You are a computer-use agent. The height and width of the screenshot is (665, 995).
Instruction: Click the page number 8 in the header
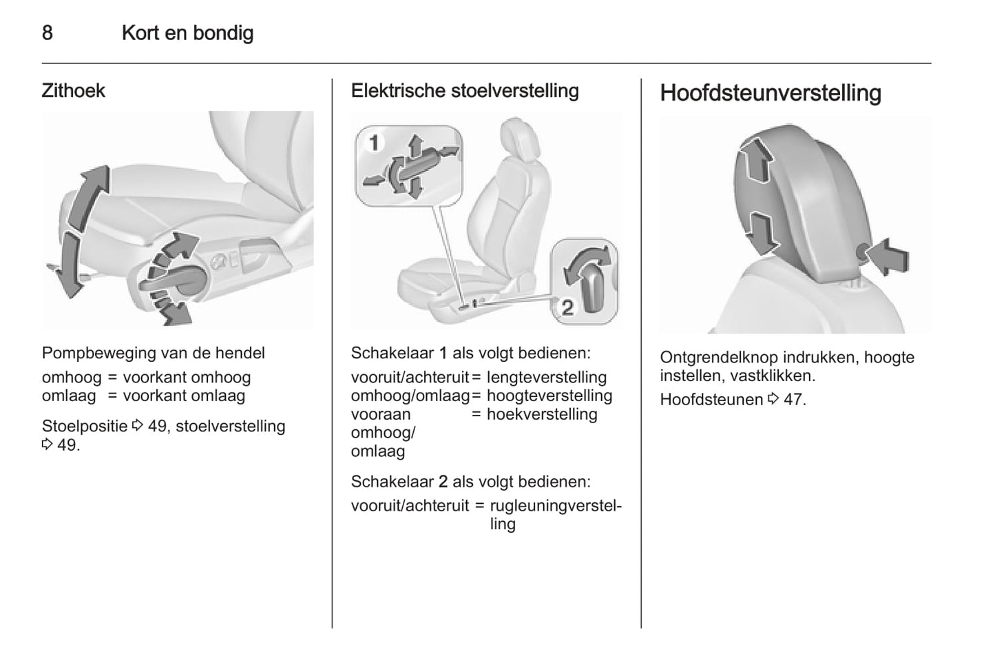pyautogui.click(x=47, y=32)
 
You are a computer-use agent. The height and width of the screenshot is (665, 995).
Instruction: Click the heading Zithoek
pyautogui.click(x=73, y=91)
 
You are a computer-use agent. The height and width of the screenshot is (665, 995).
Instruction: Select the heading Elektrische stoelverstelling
pyautogui.click(x=465, y=91)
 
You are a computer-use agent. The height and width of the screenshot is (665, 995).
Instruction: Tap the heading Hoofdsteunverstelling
pyautogui.click(x=770, y=93)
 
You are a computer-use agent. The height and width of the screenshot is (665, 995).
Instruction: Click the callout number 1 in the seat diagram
pyautogui.click(x=374, y=143)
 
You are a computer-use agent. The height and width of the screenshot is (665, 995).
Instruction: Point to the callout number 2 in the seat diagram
pyautogui.click(x=567, y=307)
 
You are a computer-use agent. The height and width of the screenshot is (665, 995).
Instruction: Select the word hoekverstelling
pyautogui.click(x=542, y=414)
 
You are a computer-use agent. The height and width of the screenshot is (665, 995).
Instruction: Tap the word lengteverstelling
pyautogui.click(x=546, y=378)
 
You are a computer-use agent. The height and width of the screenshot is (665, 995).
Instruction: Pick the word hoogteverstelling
pyautogui.click(x=549, y=396)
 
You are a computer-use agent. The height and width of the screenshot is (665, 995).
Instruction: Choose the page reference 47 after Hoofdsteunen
pyautogui.click(x=794, y=400)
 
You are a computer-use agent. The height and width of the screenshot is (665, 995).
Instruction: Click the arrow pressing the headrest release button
pyautogui.click(x=888, y=257)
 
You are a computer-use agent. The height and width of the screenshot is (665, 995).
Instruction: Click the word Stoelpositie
pyautogui.click(x=85, y=427)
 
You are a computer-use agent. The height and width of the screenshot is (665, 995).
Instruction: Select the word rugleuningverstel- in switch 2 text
pyautogui.click(x=555, y=506)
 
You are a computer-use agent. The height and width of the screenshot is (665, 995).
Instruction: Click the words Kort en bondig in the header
pyautogui.click(x=187, y=32)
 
